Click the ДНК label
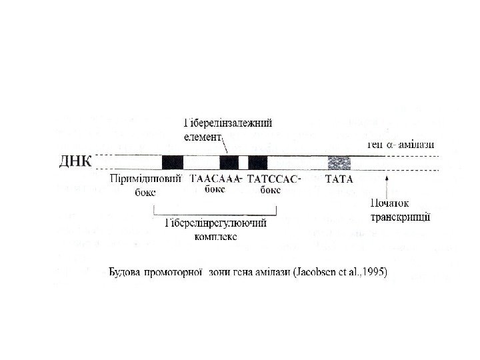pos(75,162)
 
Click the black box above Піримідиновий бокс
pos(172,162)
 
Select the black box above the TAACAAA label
pos(229,162)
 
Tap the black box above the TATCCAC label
pos(257,162)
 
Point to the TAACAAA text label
pos(214,179)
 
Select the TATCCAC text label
pos(271,179)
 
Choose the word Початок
pos(391,203)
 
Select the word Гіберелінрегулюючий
pos(215,223)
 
